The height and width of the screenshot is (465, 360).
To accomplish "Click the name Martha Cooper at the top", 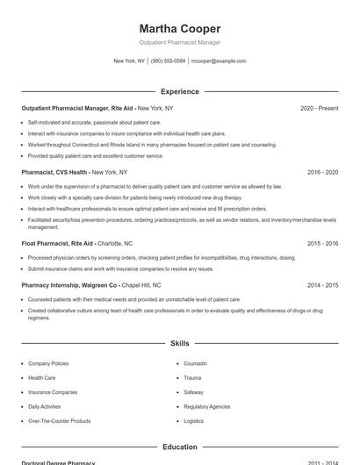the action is point(180,29).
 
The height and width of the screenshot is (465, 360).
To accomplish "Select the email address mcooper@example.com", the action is point(219,61).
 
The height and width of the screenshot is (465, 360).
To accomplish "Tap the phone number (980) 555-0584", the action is point(169,61).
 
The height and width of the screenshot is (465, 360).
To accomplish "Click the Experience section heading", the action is point(180,91).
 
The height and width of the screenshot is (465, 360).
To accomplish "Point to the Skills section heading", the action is point(180,343).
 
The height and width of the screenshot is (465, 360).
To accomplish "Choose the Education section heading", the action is point(180,447).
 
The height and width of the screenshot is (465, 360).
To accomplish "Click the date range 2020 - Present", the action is point(319,108).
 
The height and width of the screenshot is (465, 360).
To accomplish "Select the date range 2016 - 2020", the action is point(322,173).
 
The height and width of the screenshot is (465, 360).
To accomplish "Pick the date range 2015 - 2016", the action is point(322,243).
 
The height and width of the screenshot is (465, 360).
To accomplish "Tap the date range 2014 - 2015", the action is point(322,285).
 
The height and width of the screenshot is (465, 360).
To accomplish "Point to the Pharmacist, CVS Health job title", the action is point(54,173).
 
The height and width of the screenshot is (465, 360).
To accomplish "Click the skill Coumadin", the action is point(197,363).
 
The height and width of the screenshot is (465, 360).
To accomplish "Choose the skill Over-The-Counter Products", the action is point(59,421).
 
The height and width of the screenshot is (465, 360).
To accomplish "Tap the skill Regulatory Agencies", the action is point(207,407).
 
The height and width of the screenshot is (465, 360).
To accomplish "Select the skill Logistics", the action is point(194,421).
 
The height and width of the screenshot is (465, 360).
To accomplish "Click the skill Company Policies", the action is point(48,363).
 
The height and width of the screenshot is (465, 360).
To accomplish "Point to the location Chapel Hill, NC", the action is point(141,285).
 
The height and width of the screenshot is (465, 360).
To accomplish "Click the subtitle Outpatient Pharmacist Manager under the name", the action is point(180,42).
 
